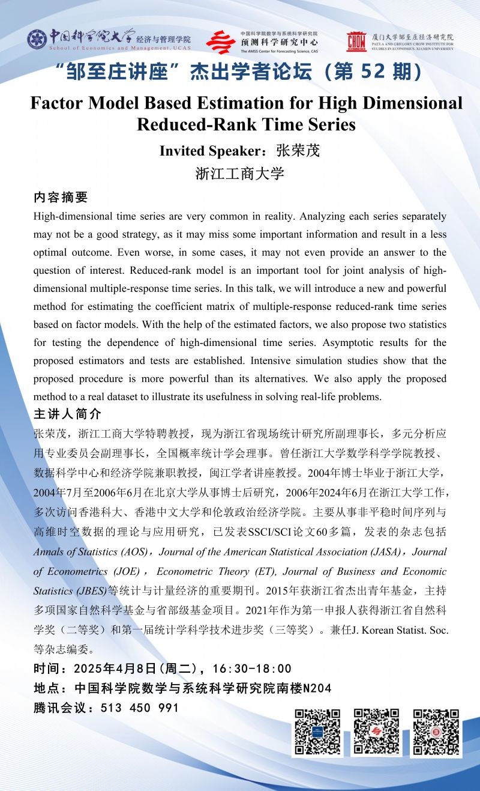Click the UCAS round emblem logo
37,40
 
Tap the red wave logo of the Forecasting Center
221,42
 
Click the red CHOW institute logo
356,41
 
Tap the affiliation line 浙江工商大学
239,174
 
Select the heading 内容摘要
61,198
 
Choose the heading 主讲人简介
68,415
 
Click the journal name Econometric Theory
197,571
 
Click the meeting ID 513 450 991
140,708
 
